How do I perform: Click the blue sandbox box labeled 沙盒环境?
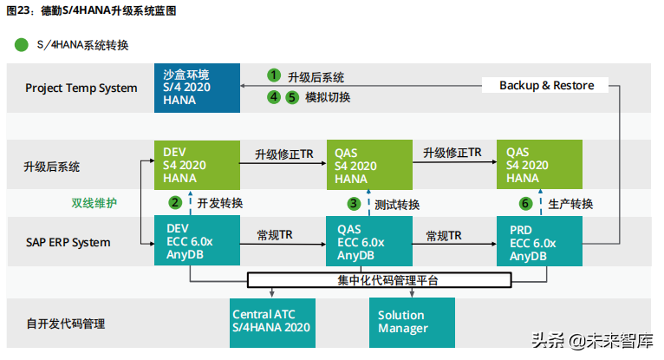pyautogui.click(x=197, y=88)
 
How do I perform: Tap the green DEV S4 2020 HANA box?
pyautogui.click(x=196, y=166)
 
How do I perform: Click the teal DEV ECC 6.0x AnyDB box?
pyautogui.click(x=196, y=242)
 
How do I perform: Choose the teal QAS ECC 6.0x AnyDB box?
pyautogui.click(x=368, y=242)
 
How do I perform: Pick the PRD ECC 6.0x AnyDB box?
pyautogui.click(x=540, y=242)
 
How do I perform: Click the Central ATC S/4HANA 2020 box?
pyautogui.click(x=271, y=322)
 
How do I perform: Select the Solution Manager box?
pyautogui.click(x=412, y=322)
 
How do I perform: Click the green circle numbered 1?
pyautogui.click(x=274, y=76)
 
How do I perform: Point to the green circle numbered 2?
pyautogui.click(x=175, y=203)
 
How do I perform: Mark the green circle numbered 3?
pyautogui.click(x=354, y=204)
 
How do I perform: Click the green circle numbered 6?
pyautogui.click(x=525, y=204)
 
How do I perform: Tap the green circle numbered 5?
pyautogui.click(x=291, y=97)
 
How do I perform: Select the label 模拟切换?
pyautogui.click(x=328, y=97)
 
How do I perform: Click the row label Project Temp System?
pyautogui.click(x=81, y=88)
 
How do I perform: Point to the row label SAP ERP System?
pyautogui.click(x=68, y=242)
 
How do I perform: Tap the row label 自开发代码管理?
pyautogui.click(x=65, y=323)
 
